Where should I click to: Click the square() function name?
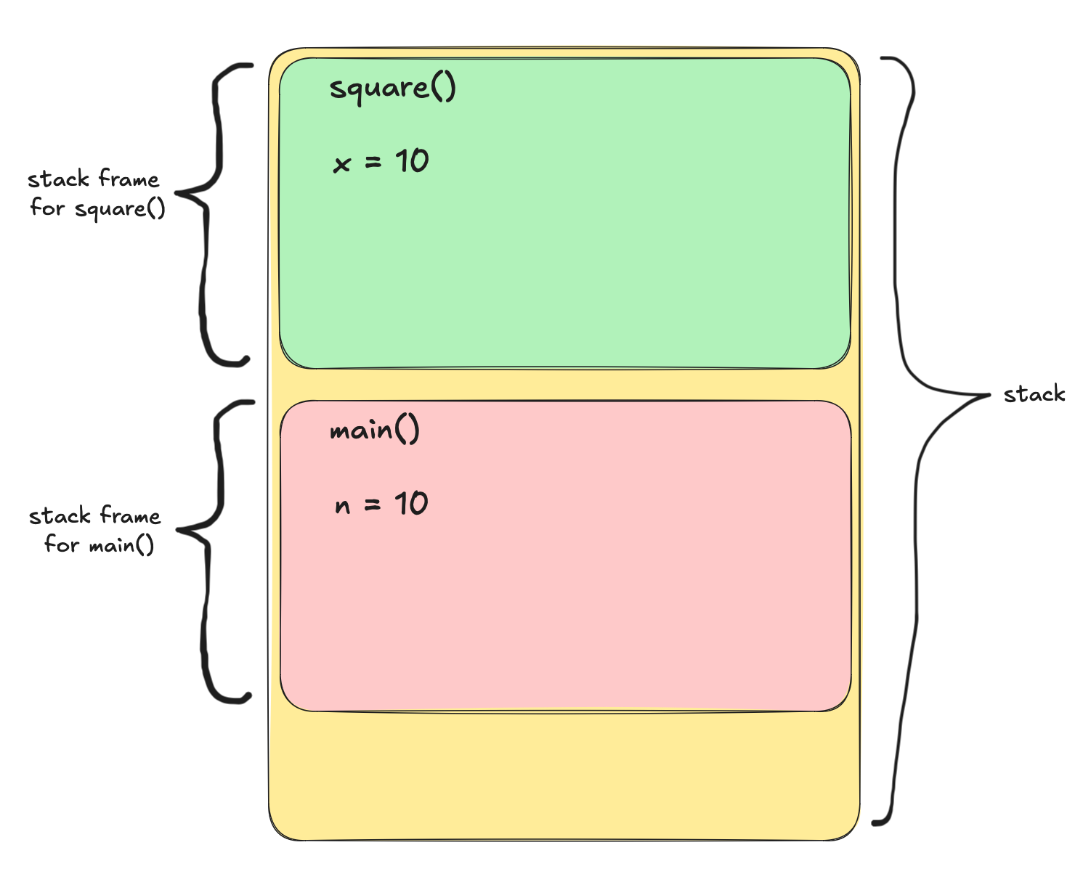392,89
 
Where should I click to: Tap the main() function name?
374,430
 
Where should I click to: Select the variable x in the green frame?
341,165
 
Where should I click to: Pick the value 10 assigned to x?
412,161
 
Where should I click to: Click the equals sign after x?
373,163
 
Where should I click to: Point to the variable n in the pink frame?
342,506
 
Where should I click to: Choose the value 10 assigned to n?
411,504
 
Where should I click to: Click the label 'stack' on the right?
1034,395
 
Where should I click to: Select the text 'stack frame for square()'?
96,194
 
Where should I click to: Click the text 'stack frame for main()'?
96,531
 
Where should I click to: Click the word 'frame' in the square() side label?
129,179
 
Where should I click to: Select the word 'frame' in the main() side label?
130,516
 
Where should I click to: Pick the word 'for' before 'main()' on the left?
61,544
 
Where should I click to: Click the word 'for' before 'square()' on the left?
47,208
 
